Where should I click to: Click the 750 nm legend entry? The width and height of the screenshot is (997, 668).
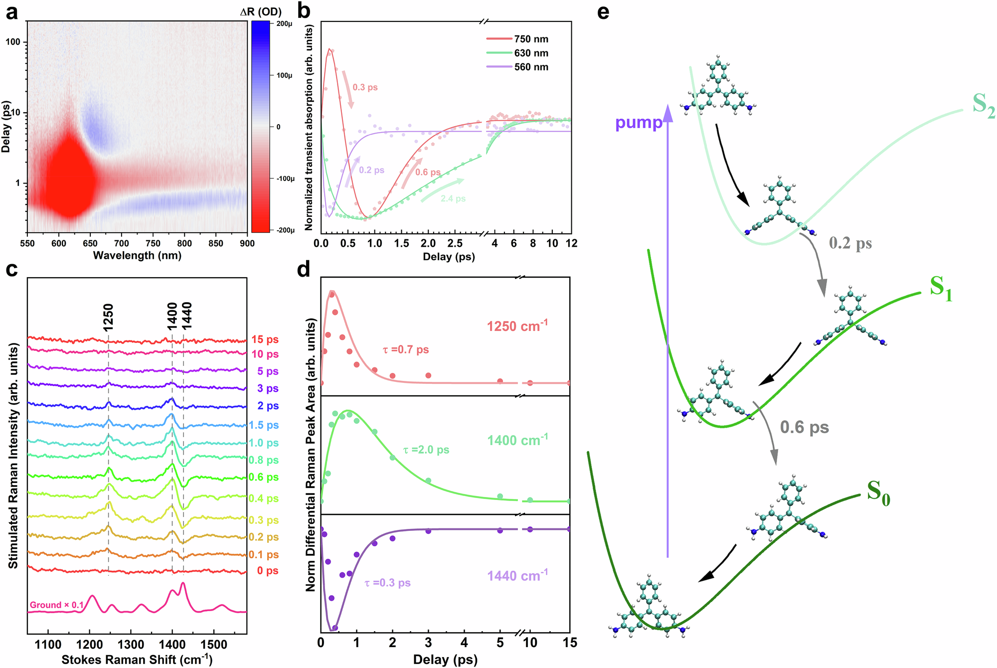531,39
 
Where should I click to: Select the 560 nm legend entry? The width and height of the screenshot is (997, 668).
531,67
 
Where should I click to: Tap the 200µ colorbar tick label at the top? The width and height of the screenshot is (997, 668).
284,24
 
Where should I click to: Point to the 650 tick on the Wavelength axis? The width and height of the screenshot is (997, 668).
90,243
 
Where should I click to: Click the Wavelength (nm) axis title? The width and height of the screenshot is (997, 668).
137,256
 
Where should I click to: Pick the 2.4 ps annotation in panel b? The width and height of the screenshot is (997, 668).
453,198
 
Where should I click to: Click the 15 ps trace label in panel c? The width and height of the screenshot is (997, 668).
265,339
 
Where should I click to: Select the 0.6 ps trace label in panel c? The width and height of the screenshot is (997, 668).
264,477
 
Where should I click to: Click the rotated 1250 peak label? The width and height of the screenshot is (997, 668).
108,317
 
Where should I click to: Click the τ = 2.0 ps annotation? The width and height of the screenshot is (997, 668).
426,450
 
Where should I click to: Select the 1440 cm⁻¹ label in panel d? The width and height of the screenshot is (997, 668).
517,576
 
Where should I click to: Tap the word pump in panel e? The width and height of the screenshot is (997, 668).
639,123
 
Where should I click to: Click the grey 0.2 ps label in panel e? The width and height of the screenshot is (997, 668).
850,243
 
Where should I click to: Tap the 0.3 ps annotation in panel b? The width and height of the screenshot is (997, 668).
365,87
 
